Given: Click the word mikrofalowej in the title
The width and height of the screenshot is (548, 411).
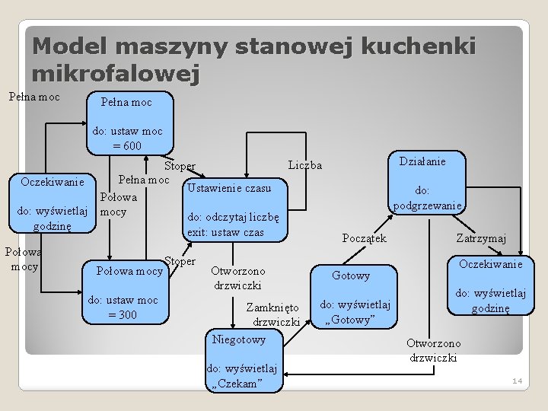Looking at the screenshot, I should point(115,74).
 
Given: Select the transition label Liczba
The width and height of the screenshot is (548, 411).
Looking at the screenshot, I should point(305,165).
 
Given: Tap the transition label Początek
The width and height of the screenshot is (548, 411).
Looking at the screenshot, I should point(364,238).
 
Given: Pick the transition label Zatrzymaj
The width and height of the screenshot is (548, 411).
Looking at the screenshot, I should point(481,238).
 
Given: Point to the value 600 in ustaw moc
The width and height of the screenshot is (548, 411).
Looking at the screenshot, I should point(130,145).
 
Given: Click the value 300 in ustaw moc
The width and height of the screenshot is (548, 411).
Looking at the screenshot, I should point(124,314).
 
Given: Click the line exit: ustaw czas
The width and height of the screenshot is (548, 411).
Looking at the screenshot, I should point(226,231).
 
